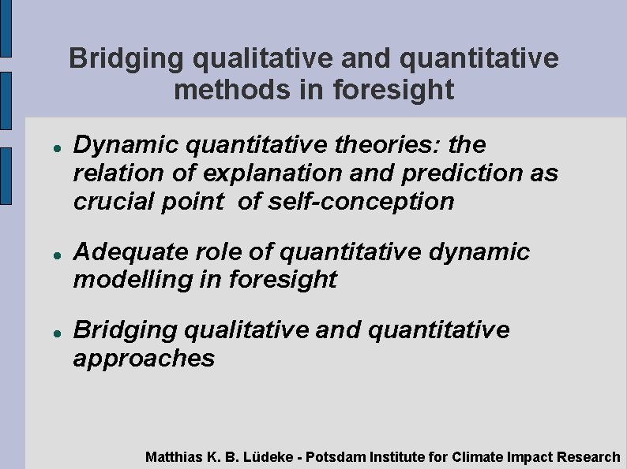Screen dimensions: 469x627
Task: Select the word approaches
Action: pos(144,359)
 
